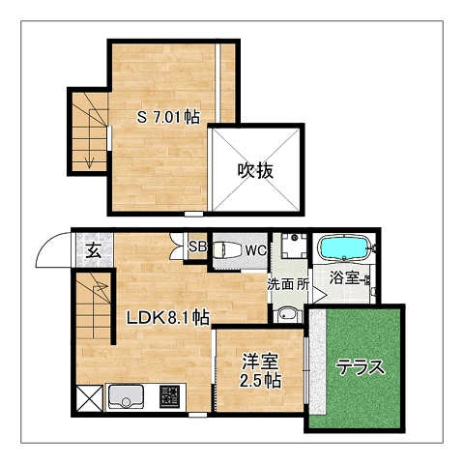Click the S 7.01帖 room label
point(168,117)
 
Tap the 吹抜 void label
point(255,170)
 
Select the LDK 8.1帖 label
point(167,318)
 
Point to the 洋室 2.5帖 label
point(260,370)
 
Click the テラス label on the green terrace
point(361,367)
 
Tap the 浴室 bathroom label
point(344,277)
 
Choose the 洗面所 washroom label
point(288,284)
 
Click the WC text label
point(256,250)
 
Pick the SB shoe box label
point(197,246)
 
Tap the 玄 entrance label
point(95,250)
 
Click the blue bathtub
point(345,247)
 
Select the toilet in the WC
point(226,250)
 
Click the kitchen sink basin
point(126,396)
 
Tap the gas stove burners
point(169,396)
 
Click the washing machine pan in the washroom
point(294,246)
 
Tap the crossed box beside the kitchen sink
point(90,398)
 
